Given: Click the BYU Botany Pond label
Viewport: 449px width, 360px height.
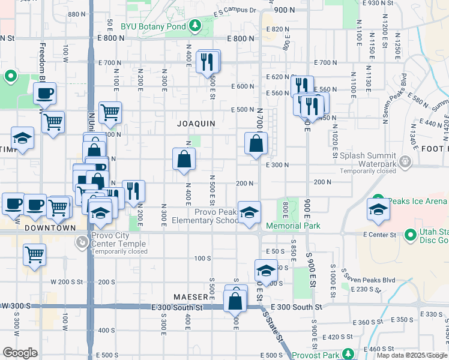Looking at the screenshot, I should [x=154, y=26].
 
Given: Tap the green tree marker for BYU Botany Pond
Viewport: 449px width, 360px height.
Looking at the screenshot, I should [x=194, y=26].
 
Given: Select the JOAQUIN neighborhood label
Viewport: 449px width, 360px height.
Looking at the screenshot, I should [x=196, y=123].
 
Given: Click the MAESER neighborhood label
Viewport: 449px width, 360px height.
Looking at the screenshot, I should [x=191, y=297].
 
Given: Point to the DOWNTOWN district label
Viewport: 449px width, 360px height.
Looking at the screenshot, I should [x=50, y=228].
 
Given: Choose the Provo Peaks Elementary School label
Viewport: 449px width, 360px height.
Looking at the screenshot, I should [x=205, y=216].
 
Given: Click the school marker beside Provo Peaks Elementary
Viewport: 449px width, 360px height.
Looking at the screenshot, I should [x=249, y=212].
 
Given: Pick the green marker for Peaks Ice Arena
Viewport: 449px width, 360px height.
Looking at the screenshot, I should [x=379, y=200].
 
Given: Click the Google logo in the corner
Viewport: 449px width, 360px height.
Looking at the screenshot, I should [x=20, y=353].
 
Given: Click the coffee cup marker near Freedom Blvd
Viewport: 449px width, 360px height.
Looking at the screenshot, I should [x=44, y=94].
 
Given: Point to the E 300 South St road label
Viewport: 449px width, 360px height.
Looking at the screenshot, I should [x=297, y=307].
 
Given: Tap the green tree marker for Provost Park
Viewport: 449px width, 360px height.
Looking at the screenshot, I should [x=346, y=354].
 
